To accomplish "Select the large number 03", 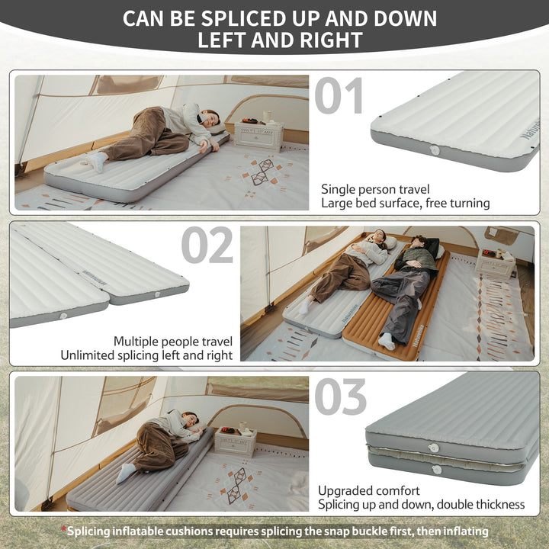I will coord(340,396).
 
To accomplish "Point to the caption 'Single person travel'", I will coord(376,189).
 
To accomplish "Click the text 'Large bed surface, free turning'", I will coord(405,204).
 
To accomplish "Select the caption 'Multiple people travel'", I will coord(173,341).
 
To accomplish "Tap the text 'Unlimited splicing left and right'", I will coord(147,355).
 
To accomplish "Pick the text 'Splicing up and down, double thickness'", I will coord(421,505).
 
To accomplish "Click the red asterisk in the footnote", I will coord(64,529).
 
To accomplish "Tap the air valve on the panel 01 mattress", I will coord(435,150).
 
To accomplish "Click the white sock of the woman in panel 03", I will coord(126,473).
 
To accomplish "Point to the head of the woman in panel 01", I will coord(210,118).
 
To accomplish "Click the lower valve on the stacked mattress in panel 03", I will coord(437,469).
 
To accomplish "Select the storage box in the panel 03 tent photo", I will coord(236,442).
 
